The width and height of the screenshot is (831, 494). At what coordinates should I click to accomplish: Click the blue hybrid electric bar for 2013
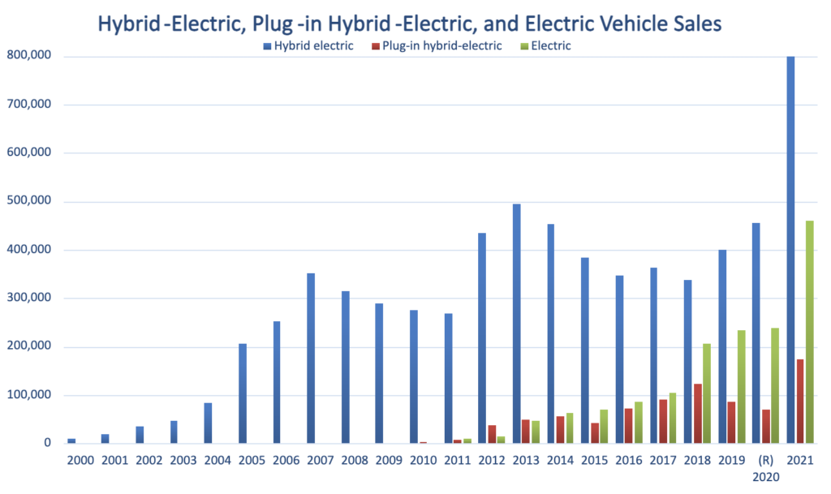[x=516, y=324]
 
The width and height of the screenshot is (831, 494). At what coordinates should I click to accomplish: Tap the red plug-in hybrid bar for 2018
[x=696, y=414]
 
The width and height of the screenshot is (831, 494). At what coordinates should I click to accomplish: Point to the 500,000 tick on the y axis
[x=31, y=202]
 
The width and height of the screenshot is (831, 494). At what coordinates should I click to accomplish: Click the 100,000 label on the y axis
[x=31, y=396]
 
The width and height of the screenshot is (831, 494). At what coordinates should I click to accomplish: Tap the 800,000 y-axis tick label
[x=31, y=56]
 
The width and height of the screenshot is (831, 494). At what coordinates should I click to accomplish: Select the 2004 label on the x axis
[x=216, y=460]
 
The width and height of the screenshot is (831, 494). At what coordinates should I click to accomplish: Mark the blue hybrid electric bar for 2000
[x=71, y=441]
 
